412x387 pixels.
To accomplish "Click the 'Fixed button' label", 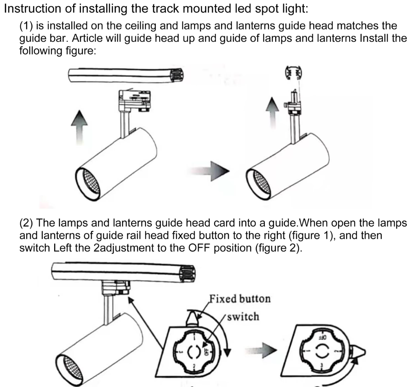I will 239,298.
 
